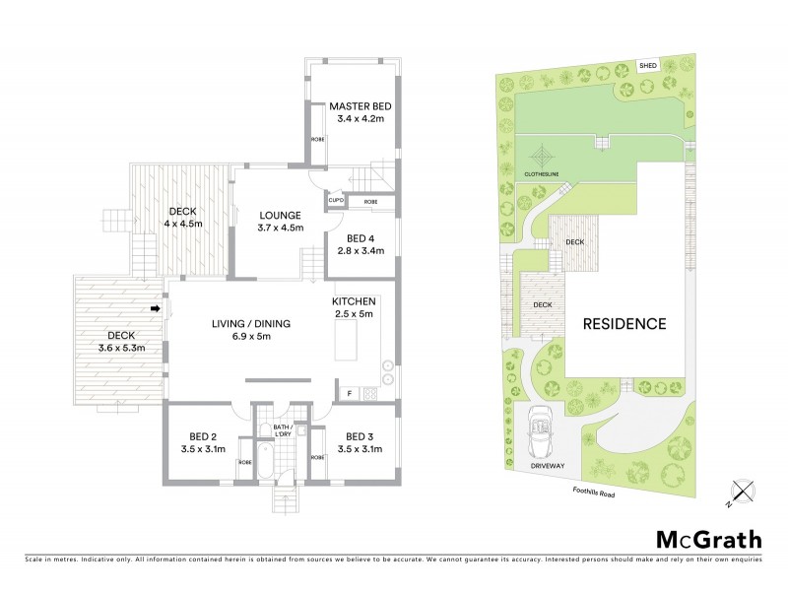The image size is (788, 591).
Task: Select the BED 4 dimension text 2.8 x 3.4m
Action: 361,250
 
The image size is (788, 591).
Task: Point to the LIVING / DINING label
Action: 241,323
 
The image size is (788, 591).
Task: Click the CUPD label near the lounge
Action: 335,201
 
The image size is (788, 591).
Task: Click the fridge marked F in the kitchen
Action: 350,394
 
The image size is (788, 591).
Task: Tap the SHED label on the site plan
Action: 648,66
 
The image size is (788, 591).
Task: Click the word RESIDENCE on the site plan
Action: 624,323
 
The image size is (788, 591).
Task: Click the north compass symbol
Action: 742,490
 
